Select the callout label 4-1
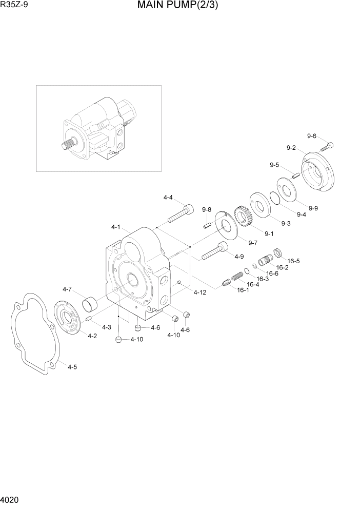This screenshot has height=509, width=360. pos(115,227)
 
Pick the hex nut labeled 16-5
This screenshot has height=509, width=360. pos(278,252)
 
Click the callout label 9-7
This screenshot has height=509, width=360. pos(252,242)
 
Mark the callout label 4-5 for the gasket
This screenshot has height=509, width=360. pos(72,367)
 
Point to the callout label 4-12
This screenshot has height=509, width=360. pos(199,292)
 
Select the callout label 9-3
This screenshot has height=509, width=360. pos(286,223)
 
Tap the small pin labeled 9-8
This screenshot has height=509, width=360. pos(207,223)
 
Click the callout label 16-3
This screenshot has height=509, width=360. pos(263,279)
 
